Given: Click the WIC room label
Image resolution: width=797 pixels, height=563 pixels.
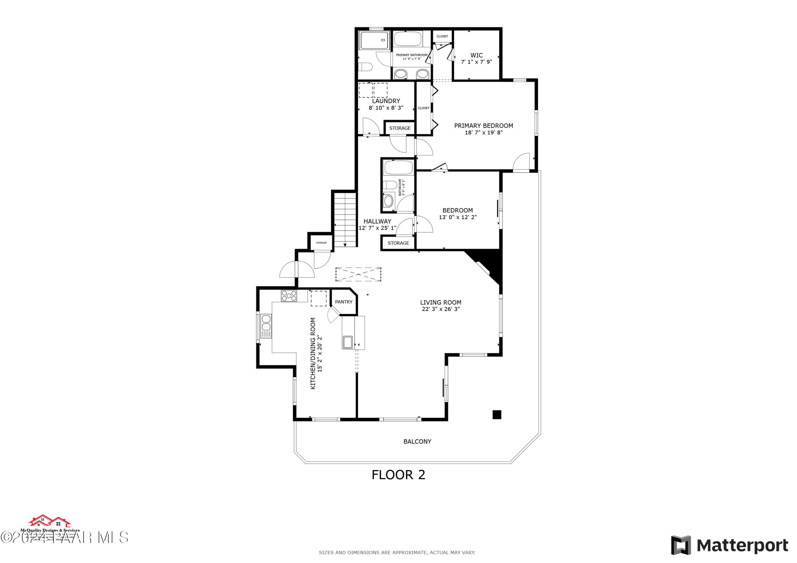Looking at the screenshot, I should [476, 55].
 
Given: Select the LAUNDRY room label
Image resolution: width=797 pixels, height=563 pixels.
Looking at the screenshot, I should [386, 101].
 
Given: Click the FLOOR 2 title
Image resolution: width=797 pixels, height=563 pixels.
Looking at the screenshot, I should [398, 475].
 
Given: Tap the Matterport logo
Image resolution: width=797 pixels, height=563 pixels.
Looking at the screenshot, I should [729, 546].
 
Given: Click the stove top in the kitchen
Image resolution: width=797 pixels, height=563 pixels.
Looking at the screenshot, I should [289, 296].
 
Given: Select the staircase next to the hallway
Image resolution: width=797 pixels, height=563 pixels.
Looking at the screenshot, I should [345, 220].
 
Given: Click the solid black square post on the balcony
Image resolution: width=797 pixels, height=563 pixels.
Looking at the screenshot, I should [497, 415].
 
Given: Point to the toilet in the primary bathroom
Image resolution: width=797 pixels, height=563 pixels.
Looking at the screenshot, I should [366, 67].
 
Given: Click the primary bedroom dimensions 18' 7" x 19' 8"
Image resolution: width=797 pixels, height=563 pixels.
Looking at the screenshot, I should [484, 132].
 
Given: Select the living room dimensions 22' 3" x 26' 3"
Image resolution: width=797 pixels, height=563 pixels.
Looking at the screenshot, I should [440, 309].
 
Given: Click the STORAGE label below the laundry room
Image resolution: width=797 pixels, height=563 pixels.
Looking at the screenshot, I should [400, 128].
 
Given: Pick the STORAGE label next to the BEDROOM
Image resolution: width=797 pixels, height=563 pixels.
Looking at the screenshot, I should [398, 243].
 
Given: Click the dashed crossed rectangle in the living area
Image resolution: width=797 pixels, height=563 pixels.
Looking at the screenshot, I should [358, 274].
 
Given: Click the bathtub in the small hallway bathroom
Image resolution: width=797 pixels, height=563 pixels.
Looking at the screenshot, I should [398, 168].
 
